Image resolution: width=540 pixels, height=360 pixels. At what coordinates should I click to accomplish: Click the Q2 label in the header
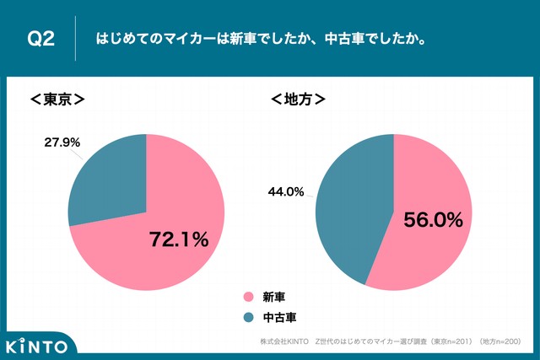[x=41, y=39]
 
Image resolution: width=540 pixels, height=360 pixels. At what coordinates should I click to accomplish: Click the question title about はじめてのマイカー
[x=261, y=39]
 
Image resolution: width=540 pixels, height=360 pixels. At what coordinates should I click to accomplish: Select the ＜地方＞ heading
[x=298, y=99]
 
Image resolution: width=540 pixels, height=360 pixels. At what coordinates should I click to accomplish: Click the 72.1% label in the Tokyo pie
[x=178, y=239]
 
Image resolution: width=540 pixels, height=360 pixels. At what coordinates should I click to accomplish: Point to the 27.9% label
[x=62, y=142]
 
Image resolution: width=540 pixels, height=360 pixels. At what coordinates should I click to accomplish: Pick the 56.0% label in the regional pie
[x=433, y=220]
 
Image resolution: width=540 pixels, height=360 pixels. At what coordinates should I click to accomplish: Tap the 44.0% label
[x=285, y=191]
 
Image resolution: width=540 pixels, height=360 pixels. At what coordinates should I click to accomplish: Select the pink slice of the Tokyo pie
[x=143, y=253]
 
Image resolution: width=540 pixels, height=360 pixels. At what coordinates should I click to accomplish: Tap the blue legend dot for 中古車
[x=248, y=317]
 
